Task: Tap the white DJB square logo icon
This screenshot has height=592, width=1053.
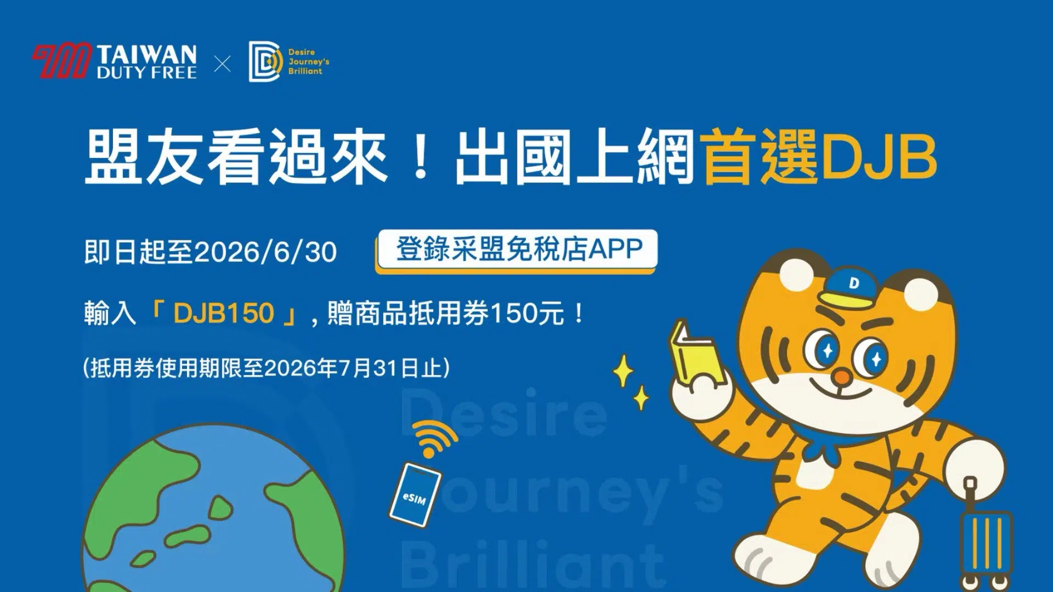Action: click(265, 61)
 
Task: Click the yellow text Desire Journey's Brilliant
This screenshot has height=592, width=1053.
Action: click(308, 61)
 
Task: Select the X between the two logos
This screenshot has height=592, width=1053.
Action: click(222, 64)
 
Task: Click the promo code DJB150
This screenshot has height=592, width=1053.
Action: click(223, 313)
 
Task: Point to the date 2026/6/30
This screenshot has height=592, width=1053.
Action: click(265, 253)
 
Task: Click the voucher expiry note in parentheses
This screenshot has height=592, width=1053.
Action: click(267, 368)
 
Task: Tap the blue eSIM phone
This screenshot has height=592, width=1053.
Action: click(415, 494)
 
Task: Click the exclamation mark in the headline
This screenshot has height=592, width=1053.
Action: click(421, 158)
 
